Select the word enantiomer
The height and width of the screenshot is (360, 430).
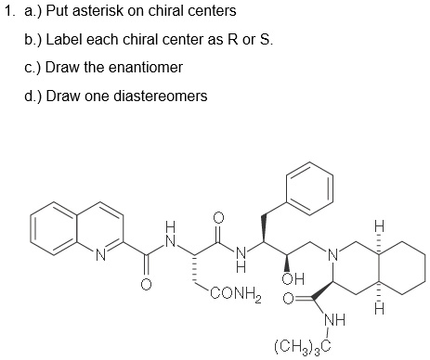151,68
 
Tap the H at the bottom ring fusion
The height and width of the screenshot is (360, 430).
378,307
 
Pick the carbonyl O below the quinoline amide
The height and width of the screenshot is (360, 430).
144,285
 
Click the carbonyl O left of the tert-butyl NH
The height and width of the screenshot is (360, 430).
288,301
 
